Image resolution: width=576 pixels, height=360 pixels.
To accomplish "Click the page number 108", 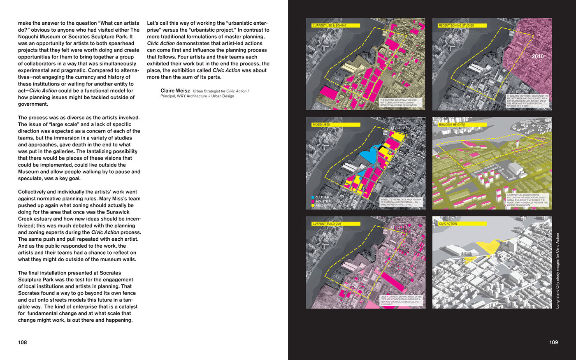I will click(x=22, y=342).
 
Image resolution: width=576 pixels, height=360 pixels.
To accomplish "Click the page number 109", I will click(x=553, y=342).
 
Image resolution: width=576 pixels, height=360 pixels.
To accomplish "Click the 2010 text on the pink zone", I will click(x=537, y=56).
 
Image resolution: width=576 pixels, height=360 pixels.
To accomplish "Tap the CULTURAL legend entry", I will click(x=322, y=197).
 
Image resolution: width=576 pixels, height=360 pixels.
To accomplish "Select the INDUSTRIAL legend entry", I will click(x=323, y=202).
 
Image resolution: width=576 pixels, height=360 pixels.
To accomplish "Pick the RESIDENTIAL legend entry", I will click(x=324, y=205).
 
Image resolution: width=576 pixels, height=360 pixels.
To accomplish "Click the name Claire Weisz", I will click(x=175, y=91).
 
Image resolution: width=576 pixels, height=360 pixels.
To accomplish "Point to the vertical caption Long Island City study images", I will click(x=558, y=271).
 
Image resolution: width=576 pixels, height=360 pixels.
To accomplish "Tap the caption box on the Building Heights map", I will click(x=527, y=200).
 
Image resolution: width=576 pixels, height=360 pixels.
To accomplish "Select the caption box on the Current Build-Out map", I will click(x=401, y=300).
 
